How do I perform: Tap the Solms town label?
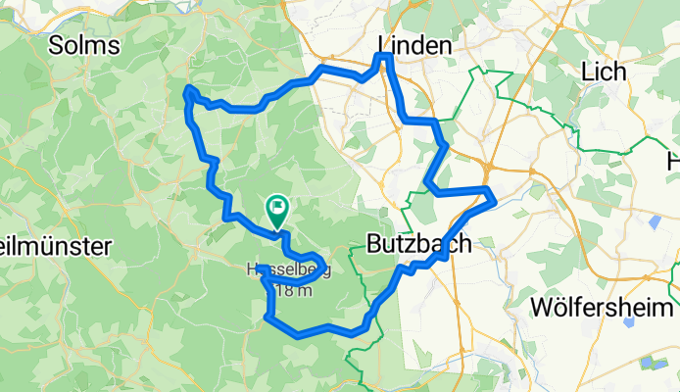tap(84, 46)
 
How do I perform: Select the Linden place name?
tap(414, 46)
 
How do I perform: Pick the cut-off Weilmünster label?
tap(54, 246)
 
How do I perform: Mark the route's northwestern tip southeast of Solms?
tap(188, 92)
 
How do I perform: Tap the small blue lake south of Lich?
tap(654, 221)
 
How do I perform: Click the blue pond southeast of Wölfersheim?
tap(646, 365)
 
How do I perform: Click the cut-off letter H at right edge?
tap(673, 160)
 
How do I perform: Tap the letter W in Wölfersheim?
tap(540, 307)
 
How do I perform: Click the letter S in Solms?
tap(57, 46)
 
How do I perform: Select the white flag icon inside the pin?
tap(277, 207)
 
